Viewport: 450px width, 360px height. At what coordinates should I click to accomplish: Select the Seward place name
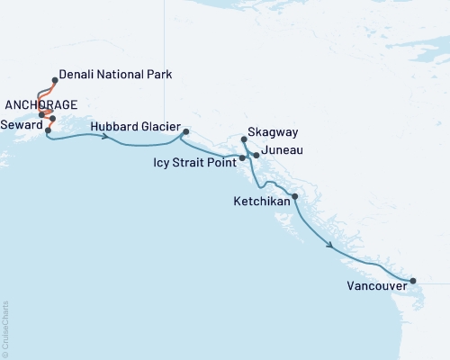point(21,124)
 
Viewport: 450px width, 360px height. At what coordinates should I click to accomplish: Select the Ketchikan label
point(261,201)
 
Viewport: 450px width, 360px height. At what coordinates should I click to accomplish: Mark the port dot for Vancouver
point(413,281)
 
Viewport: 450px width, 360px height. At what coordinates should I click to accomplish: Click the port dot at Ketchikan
point(295,195)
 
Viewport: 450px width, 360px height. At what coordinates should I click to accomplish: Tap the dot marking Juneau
point(256,156)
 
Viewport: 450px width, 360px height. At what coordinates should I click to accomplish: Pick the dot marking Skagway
point(245,139)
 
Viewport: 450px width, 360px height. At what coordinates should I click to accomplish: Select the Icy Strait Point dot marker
point(242,158)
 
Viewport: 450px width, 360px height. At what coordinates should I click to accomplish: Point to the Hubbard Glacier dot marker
point(185,132)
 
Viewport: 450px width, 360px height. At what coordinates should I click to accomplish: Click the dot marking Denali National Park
point(56,79)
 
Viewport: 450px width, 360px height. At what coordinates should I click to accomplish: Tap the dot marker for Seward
point(48,130)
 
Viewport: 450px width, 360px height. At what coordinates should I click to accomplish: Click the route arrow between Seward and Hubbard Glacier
point(106,137)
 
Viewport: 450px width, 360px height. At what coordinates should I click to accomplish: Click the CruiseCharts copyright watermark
point(4,328)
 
